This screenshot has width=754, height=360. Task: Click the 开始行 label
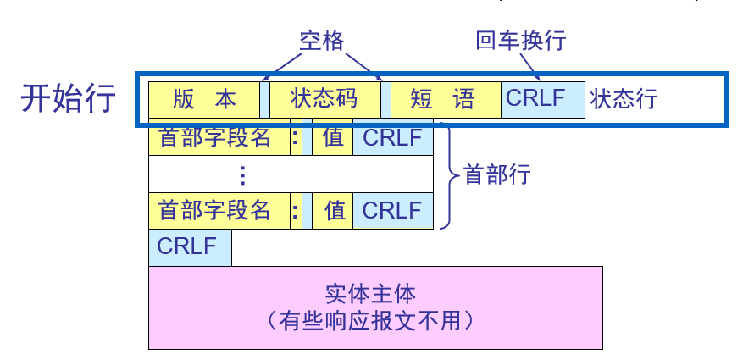(69, 98)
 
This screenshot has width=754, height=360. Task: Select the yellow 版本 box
(204, 99)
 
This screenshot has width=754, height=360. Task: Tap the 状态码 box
(324, 99)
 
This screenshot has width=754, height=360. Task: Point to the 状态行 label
(624, 99)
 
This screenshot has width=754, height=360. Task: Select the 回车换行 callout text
(520, 41)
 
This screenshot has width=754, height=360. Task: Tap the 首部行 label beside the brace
(496, 175)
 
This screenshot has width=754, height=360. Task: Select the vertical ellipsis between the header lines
(242, 174)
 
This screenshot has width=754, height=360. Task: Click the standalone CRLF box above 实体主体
(189, 247)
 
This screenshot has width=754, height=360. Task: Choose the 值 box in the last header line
(333, 211)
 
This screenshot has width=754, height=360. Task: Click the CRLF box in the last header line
(392, 211)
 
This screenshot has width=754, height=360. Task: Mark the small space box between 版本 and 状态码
(265, 99)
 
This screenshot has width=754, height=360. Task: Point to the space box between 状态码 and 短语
(385, 99)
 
